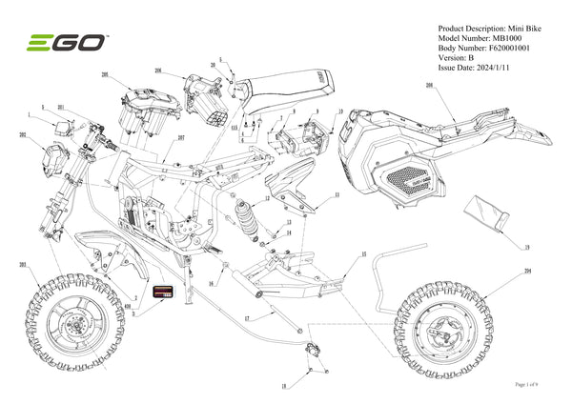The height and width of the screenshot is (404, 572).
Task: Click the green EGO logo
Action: coord(65,43)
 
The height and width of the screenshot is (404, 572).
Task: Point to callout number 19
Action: coord(526,246)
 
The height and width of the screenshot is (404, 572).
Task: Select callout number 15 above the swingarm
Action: coord(363,255)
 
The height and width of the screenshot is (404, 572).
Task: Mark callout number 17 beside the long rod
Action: coord(246,317)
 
